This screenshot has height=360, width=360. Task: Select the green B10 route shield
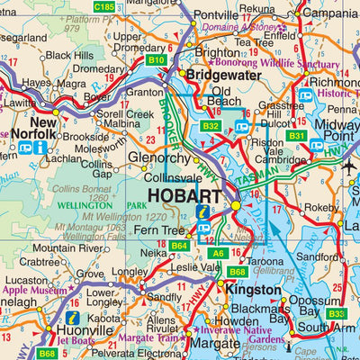pos(156,60)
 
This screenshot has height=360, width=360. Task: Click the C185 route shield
pos(104,6)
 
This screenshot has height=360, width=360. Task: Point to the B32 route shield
pos(211,127)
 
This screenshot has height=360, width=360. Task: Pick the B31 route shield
pos(297,136)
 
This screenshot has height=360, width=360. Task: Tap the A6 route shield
pos(217,254)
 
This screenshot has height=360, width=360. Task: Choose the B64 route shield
pos(179,246)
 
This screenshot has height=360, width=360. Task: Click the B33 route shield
pos(336,313)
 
